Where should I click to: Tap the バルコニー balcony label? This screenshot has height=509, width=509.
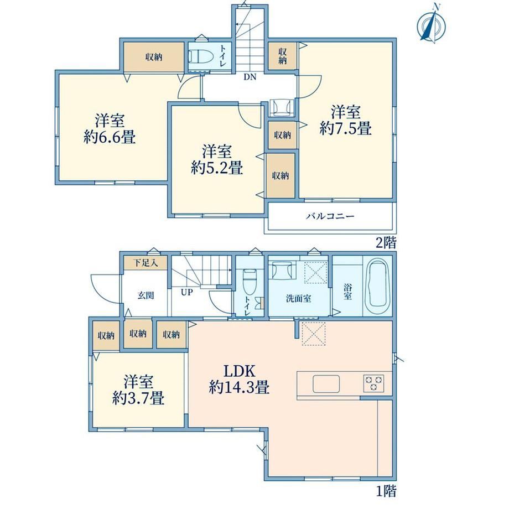tap(330, 216)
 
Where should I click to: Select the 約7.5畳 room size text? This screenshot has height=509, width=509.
tap(345, 128)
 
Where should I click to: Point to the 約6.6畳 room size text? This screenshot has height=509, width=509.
tap(110, 137)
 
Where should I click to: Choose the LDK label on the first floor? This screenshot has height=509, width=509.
tap(240, 371)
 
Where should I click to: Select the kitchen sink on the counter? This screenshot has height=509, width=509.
tap(326, 383)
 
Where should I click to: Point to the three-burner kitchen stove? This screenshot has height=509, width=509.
tap(373, 383)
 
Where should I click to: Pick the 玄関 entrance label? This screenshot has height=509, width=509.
tap(146, 295)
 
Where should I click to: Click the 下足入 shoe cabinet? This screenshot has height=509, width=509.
tap(146, 263)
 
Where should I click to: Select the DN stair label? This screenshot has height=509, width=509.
tap(250, 77)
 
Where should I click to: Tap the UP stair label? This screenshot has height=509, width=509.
tap(186, 293)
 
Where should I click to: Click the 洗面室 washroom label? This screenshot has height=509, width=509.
tap(298, 298)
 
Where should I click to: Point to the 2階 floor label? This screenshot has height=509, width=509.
tap(386, 242)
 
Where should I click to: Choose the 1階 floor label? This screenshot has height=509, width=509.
tap(386, 491)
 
